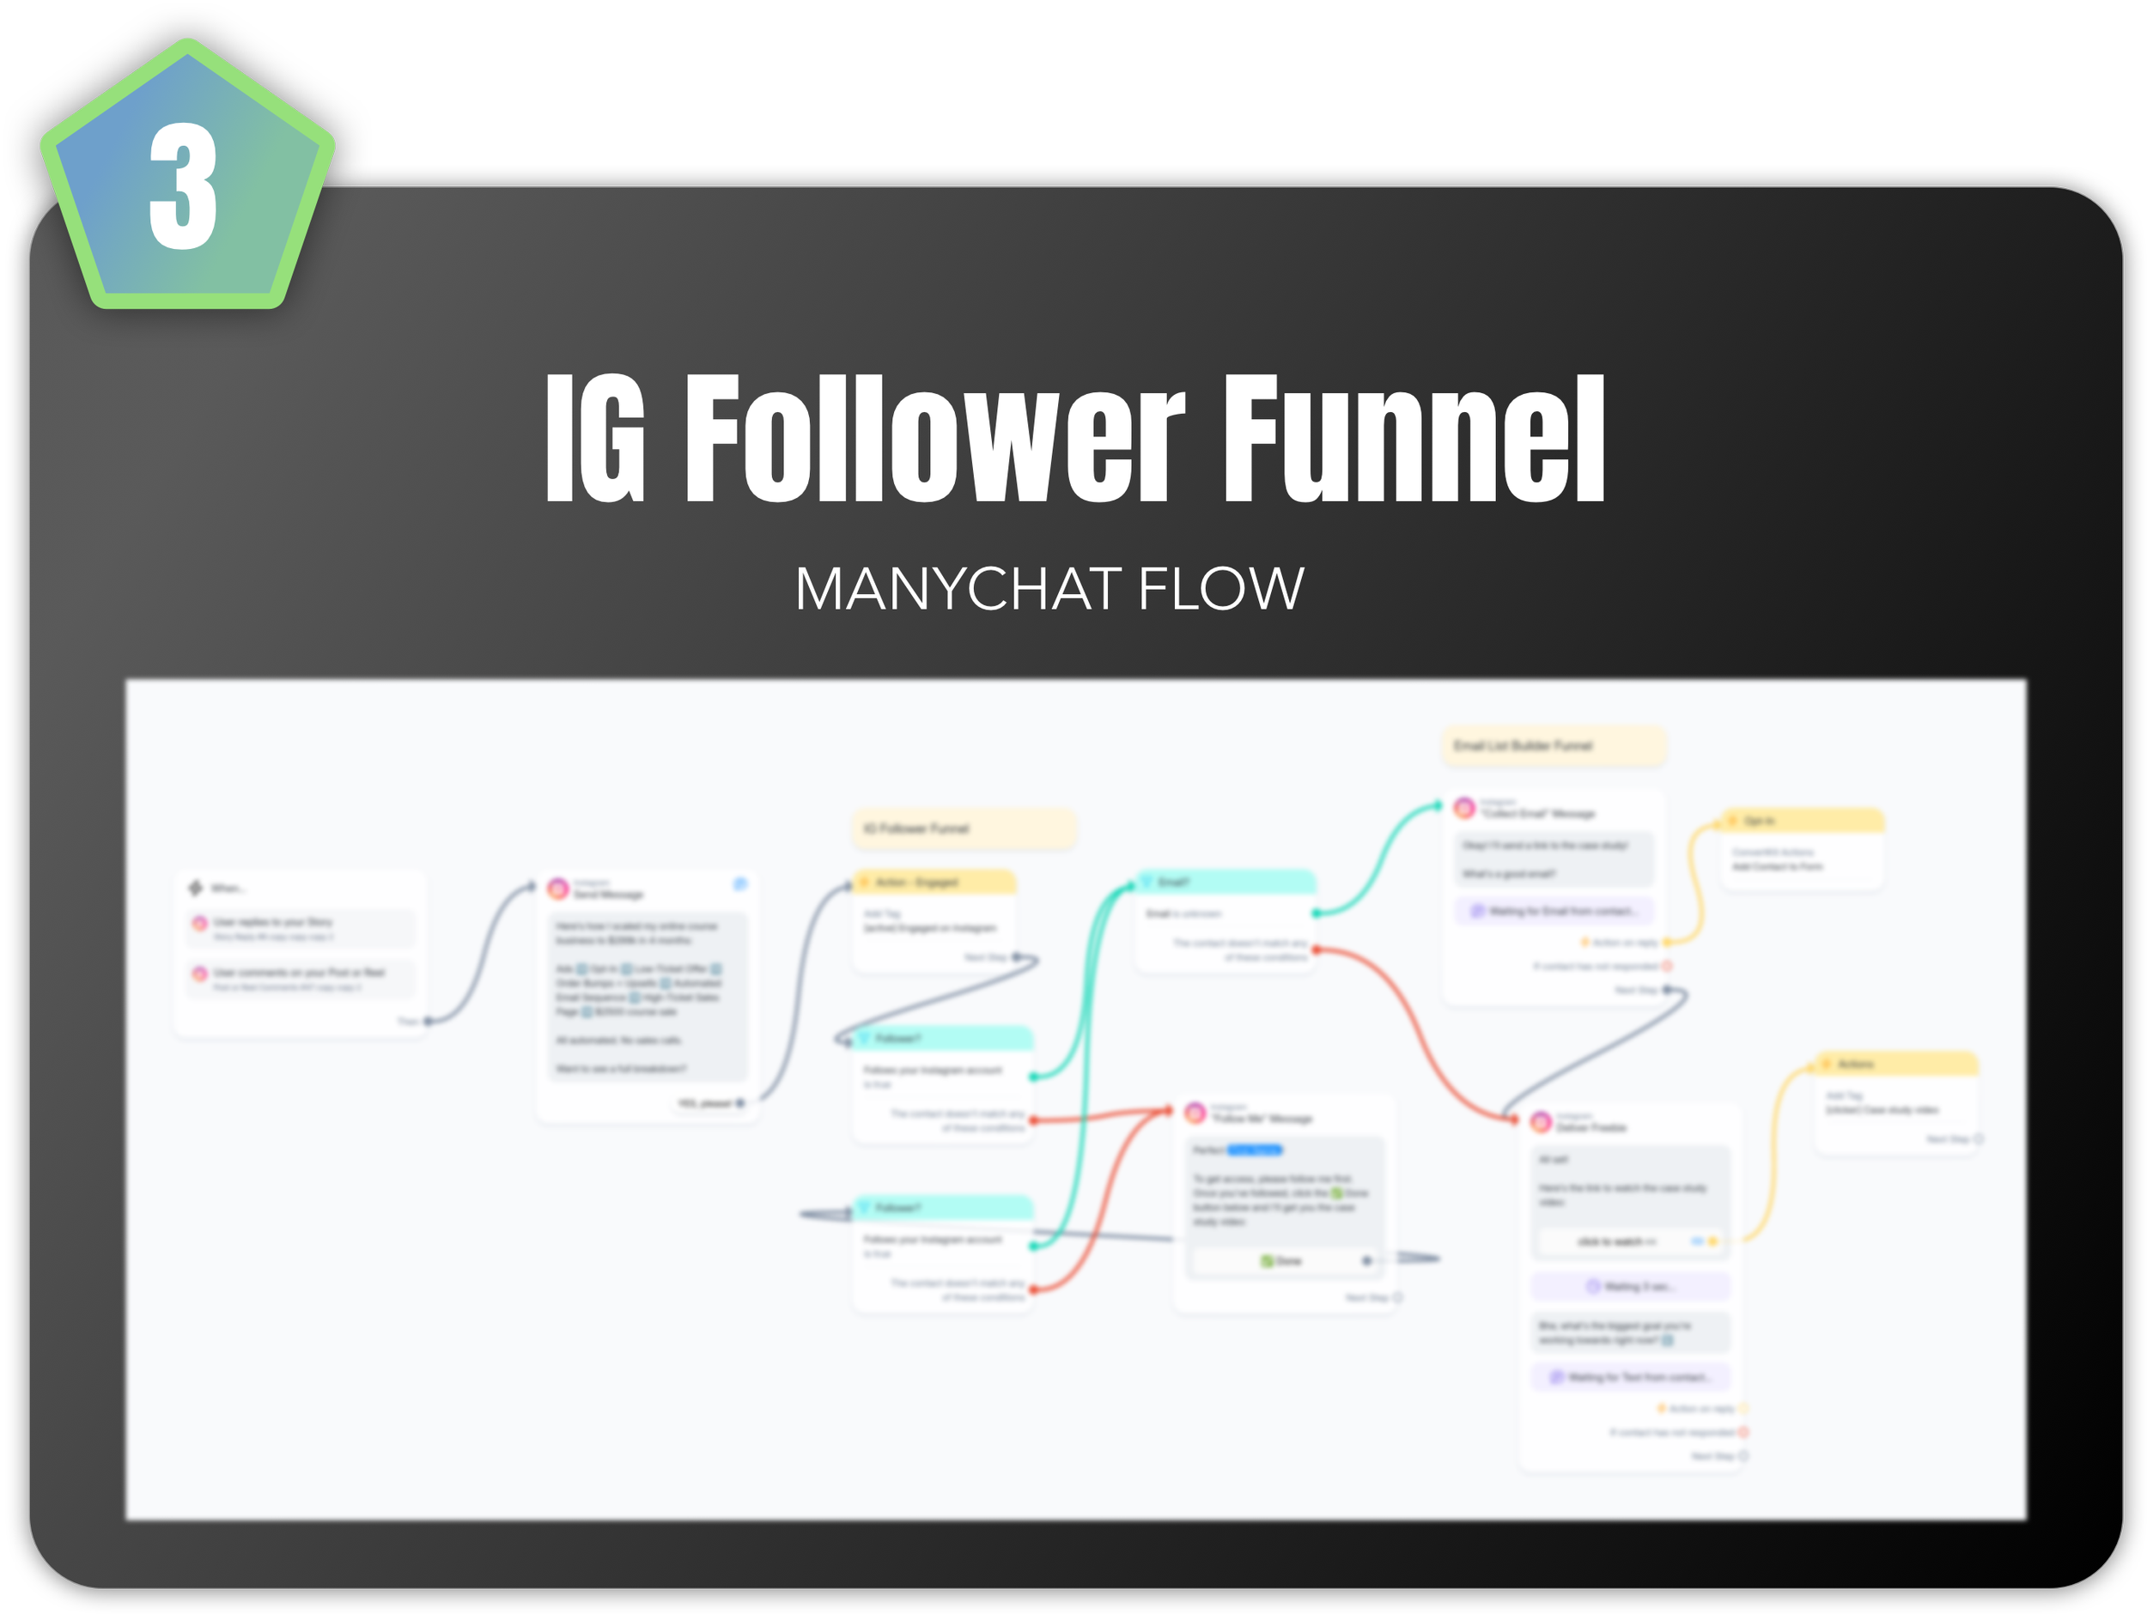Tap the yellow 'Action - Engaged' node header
[x=934, y=883]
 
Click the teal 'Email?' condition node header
[x=1225, y=883]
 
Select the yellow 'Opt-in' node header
[x=1802, y=821]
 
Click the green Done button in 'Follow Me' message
[x=1280, y=1261]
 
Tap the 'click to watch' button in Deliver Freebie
[x=1617, y=1241]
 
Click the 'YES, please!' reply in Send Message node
[x=706, y=1103]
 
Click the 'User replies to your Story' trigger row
[x=300, y=928]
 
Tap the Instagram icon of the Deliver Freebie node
[x=1541, y=1123]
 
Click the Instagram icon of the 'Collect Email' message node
[x=1464, y=808]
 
